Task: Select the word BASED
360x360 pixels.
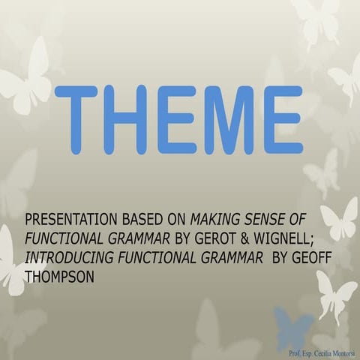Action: [136, 220]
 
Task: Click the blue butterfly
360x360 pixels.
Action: [295, 327]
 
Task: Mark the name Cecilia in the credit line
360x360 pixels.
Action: [315, 352]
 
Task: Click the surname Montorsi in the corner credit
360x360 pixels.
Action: [342, 352]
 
